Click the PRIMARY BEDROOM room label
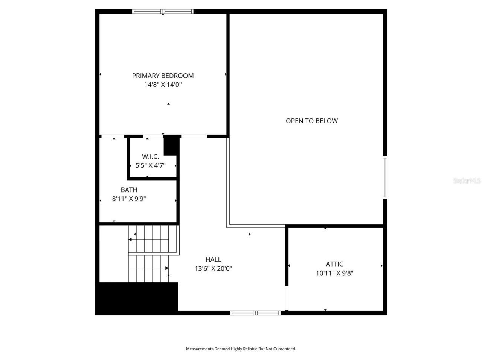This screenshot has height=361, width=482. [163, 76]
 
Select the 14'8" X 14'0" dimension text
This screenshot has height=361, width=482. [163, 85]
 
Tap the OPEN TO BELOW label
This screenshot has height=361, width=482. [311, 121]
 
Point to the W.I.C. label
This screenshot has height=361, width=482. [150, 156]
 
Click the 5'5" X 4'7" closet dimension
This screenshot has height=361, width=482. [150, 165]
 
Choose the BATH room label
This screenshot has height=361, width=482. [129, 190]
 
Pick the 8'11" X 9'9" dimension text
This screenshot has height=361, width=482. [129, 199]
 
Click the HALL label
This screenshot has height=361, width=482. [213, 259]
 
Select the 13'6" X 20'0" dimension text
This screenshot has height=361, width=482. [213, 268]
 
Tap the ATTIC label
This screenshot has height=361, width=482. [334, 264]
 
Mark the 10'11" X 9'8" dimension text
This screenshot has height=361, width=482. [334, 273]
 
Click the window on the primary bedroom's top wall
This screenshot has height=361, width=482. [163, 12]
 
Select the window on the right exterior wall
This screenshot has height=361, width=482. [385, 177]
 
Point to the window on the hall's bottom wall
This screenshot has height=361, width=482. [255, 313]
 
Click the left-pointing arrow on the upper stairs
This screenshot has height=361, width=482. [131, 239]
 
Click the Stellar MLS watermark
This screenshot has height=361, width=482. [467, 181]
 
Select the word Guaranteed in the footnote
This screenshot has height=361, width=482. [285, 349]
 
